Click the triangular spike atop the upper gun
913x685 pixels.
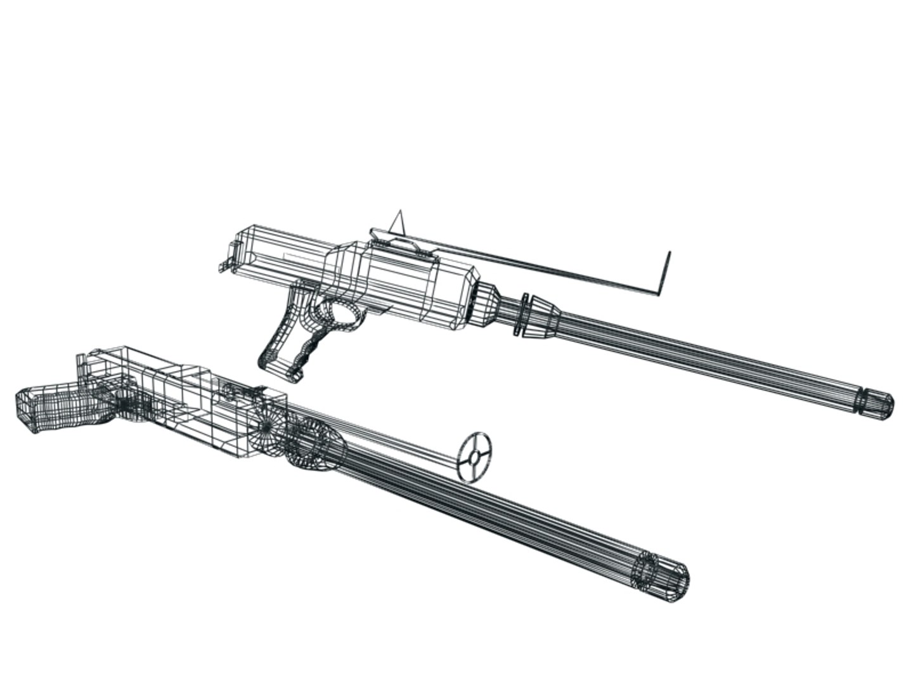(x=398, y=222)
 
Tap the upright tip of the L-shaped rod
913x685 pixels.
(x=669, y=254)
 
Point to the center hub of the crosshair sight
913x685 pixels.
(x=474, y=457)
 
